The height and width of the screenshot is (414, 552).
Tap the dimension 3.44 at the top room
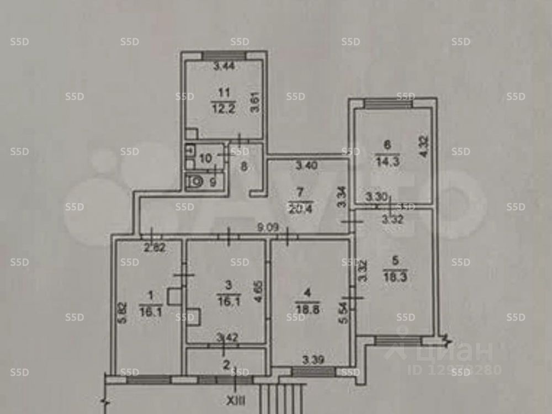pos(224,68)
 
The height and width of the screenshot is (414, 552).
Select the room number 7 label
pos(300,193)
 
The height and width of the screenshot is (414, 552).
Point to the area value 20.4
pos(299,208)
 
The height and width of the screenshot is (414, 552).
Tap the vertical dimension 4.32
pos(423,147)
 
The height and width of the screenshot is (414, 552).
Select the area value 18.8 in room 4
pos(307,310)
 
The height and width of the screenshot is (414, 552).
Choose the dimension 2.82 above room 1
pos(155,248)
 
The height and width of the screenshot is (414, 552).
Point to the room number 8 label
pos(243,165)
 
